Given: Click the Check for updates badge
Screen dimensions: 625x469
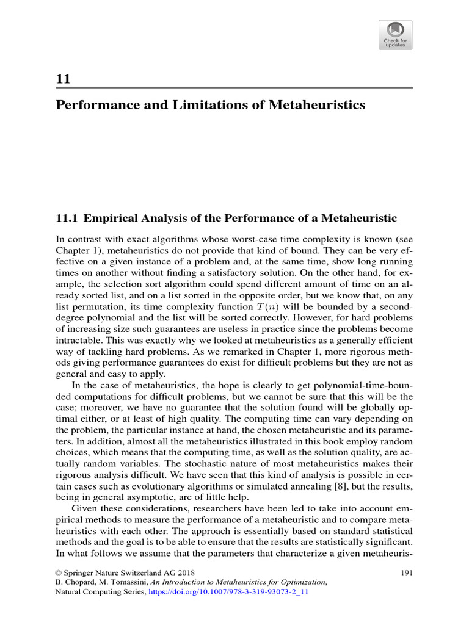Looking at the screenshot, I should point(395,35).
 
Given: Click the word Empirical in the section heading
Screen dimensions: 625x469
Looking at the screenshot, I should point(113,218).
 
